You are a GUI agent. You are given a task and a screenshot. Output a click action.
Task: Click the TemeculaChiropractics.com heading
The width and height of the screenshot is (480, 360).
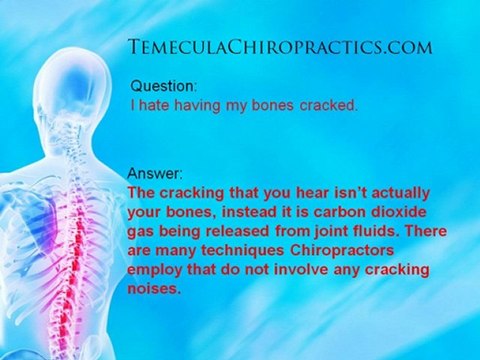[280, 46]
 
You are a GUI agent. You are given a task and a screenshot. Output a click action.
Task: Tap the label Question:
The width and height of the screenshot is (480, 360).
[164, 87]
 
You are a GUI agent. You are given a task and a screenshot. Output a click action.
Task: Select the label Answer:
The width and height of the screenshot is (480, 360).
[156, 171]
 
